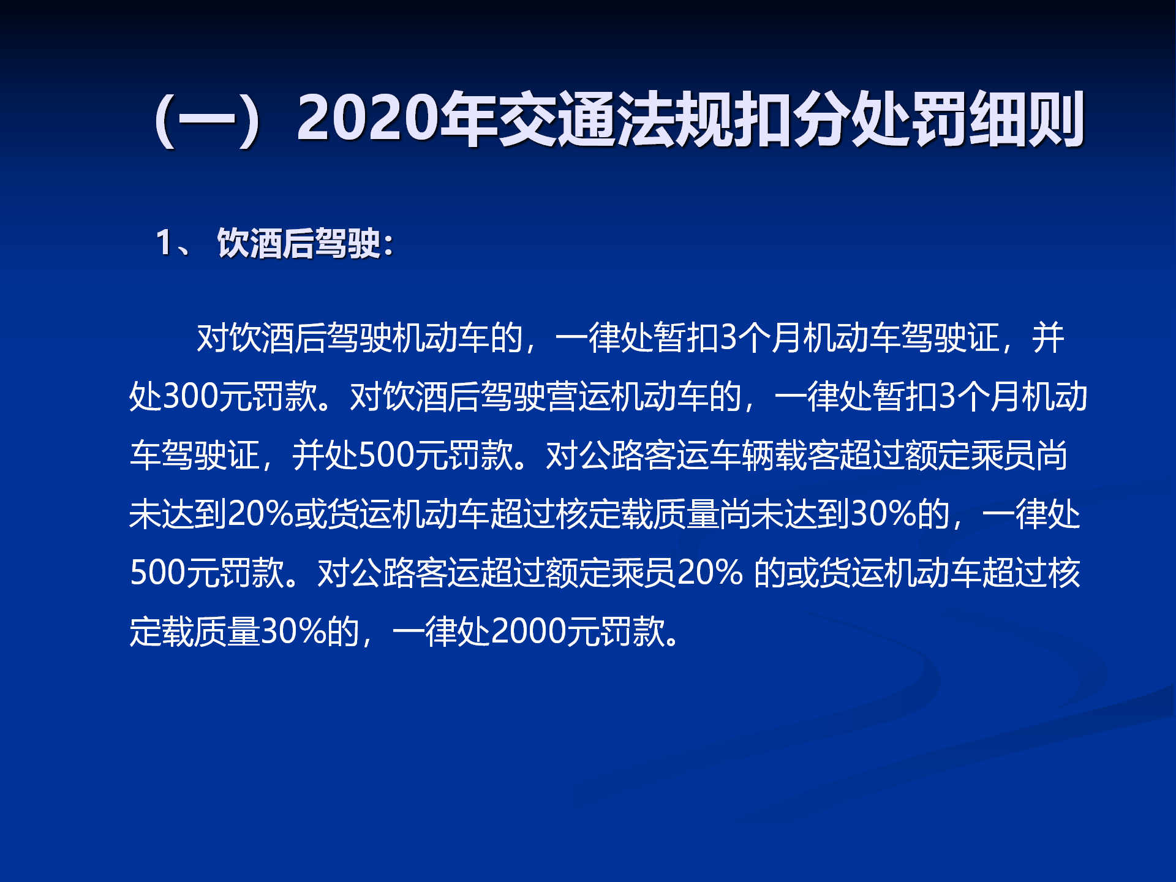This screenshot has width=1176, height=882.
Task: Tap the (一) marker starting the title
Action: [x=208, y=119]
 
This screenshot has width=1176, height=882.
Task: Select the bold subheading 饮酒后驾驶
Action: [x=299, y=243]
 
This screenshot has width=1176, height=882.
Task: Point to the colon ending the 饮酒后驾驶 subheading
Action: [x=387, y=245]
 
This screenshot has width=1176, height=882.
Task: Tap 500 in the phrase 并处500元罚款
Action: [x=386, y=455]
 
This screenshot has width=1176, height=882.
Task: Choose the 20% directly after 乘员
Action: [x=710, y=573]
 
